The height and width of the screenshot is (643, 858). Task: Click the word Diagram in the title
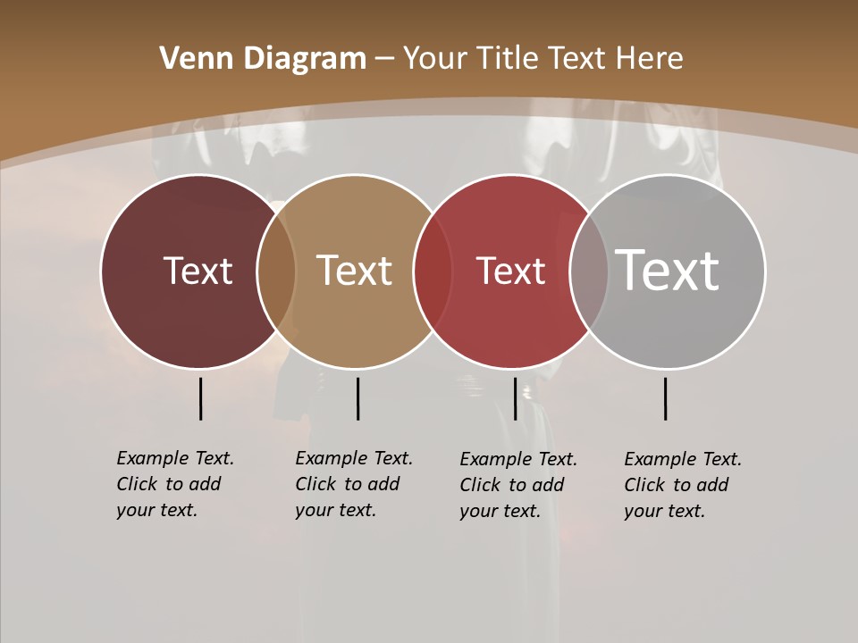click(x=304, y=59)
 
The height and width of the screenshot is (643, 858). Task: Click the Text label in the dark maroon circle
click(x=198, y=271)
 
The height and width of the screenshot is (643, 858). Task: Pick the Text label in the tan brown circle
click(x=355, y=271)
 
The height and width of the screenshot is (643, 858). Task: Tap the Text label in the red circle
click(x=510, y=271)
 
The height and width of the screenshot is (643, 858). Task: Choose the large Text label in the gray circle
click(x=668, y=270)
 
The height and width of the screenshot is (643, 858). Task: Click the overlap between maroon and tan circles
click(x=276, y=271)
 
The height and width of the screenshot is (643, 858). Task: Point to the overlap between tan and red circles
click(x=433, y=271)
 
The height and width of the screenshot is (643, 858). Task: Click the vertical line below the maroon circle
click(x=200, y=398)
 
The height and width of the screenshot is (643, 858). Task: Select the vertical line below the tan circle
click(x=357, y=398)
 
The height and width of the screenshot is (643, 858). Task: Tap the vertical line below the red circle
click(x=515, y=398)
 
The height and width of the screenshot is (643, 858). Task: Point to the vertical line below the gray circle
click(x=665, y=398)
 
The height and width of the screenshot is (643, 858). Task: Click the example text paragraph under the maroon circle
click(x=174, y=484)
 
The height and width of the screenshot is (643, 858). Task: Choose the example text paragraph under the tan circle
click(x=353, y=484)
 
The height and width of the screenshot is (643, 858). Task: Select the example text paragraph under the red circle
click(x=517, y=485)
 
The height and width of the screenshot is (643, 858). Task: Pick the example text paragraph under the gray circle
click(x=682, y=485)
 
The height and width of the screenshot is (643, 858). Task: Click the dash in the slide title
click(x=384, y=59)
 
